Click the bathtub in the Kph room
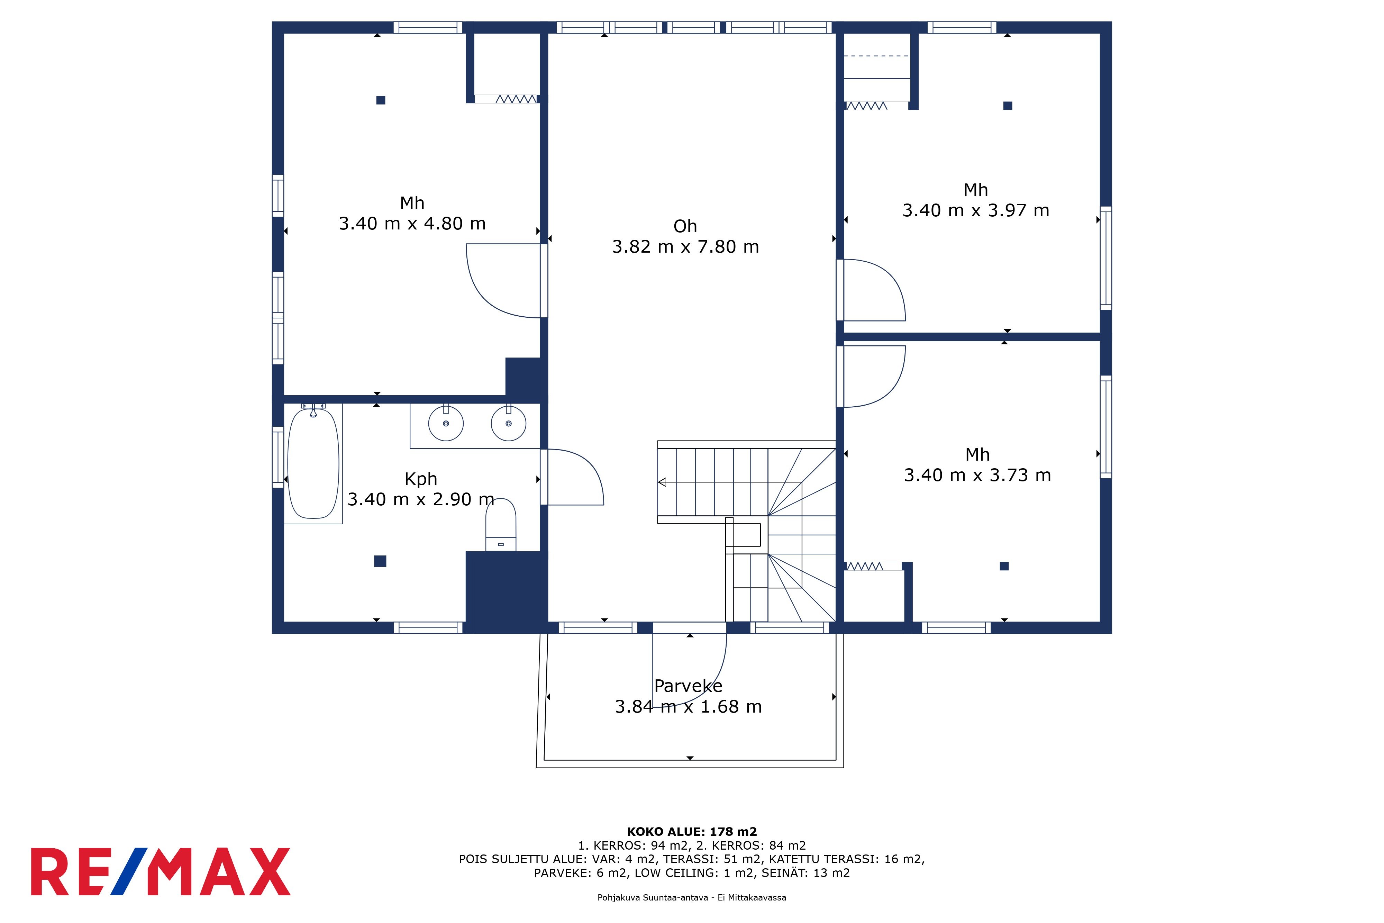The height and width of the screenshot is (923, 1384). point(313,464)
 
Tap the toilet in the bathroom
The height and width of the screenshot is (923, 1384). point(501,524)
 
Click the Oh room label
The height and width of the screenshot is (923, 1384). point(685,226)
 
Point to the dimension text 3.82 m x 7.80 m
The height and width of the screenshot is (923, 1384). point(685,247)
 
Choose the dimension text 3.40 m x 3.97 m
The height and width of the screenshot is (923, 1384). point(976,210)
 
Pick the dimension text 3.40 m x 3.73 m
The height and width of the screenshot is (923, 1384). point(977,475)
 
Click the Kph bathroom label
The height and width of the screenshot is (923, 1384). point(421,479)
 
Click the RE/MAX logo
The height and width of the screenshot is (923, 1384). point(161,872)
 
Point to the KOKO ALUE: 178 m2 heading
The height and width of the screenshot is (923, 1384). point(692,832)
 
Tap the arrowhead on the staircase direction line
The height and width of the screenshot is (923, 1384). point(662,482)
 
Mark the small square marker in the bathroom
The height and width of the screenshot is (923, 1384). point(380,561)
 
